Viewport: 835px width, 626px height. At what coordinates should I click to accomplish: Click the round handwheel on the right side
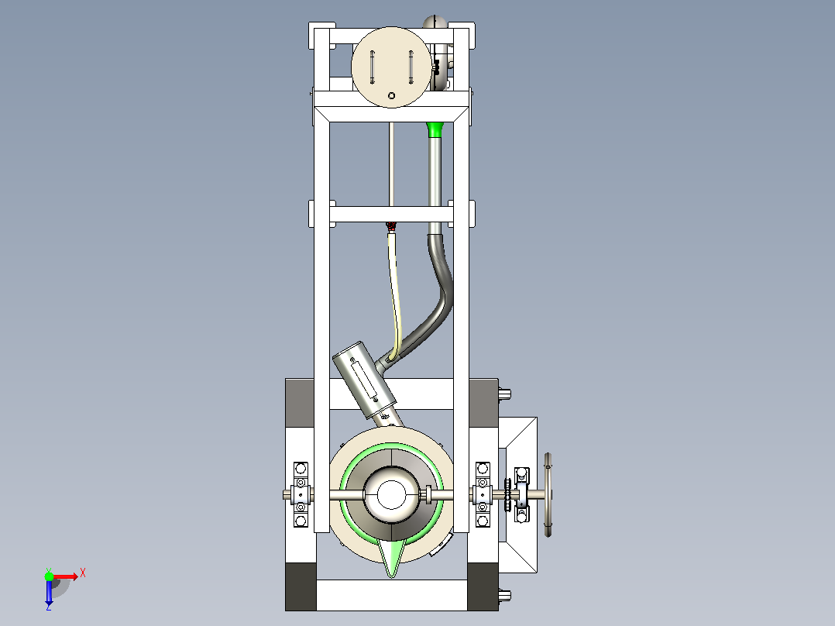pyautogui.click(x=548, y=495)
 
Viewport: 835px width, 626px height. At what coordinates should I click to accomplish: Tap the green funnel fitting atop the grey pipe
pyautogui.click(x=435, y=129)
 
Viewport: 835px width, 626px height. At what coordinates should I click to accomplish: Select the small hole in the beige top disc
pyautogui.click(x=391, y=96)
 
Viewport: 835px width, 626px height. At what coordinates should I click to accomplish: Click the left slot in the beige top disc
pyautogui.click(x=373, y=67)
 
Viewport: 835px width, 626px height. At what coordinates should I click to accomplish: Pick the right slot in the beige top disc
pyautogui.click(x=411, y=67)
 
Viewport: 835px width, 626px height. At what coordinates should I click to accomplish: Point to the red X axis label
pyautogui.click(x=83, y=573)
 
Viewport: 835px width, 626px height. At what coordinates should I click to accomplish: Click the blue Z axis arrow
pyautogui.click(x=49, y=592)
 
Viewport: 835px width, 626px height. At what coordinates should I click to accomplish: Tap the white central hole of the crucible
pyautogui.click(x=391, y=495)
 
